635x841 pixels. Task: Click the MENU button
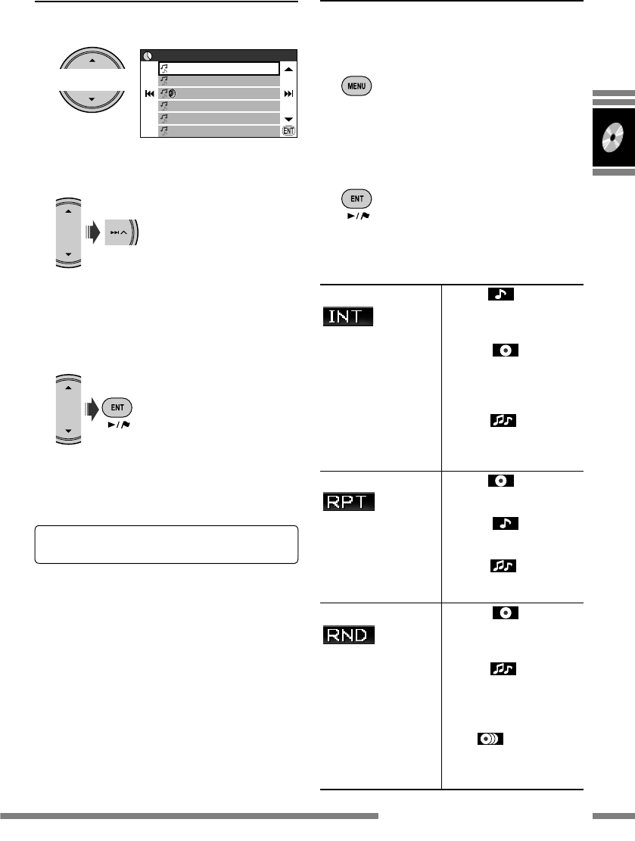(356, 86)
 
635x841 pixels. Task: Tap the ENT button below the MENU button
(356, 200)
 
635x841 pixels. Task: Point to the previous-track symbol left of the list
(150, 94)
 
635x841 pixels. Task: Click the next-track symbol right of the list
(288, 94)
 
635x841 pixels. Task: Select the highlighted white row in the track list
(219, 68)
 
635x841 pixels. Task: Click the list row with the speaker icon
(219, 94)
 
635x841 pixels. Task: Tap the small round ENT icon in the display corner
(288, 132)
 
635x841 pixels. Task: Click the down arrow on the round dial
(92, 99)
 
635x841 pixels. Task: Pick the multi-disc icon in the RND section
(491, 740)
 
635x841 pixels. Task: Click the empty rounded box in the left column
(166, 544)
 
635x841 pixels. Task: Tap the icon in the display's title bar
(148, 55)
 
